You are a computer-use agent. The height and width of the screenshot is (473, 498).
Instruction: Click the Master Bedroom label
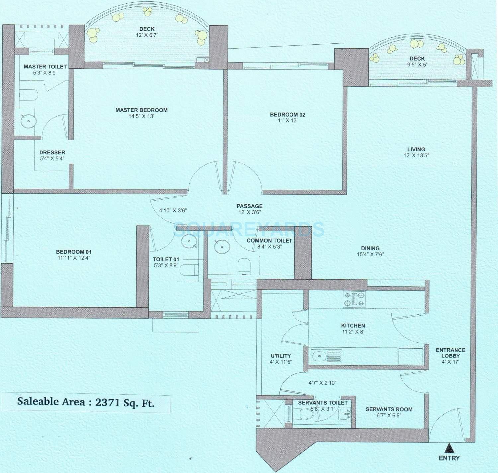(141, 110)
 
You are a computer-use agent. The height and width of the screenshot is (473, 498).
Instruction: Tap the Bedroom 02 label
(288, 115)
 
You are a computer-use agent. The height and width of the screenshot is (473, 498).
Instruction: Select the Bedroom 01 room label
(74, 252)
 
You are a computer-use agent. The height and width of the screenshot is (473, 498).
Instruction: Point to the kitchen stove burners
(354, 299)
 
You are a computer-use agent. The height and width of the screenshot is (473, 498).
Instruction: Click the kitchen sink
(319, 356)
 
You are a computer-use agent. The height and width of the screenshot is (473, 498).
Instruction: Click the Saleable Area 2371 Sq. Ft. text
(86, 402)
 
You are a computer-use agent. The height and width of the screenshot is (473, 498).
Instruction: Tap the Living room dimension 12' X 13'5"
(416, 155)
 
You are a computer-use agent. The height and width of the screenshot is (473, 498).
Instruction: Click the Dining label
(370, 248)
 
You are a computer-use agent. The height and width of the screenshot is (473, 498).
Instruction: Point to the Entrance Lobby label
(451, 353)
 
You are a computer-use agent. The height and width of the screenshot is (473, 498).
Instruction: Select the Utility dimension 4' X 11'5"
(281, 362)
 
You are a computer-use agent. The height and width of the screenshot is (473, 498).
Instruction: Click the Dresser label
(52, 153)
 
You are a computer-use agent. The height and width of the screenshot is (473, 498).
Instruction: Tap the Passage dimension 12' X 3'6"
(250, 212)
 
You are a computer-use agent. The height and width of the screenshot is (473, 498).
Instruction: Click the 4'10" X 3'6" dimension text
(173, 210)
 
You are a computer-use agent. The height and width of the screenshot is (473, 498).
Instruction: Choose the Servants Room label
(389, 409)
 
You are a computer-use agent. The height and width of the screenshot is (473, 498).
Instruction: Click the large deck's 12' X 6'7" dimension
(147, 35)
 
